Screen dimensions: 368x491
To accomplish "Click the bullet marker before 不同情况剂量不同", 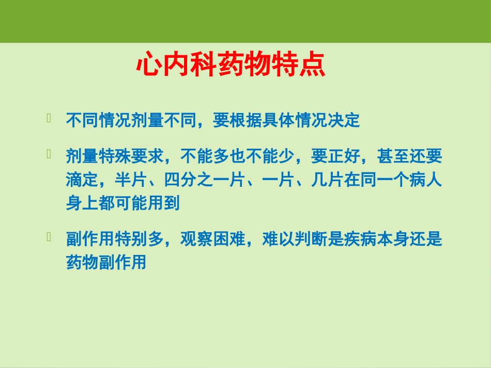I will (x=50, y=119).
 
